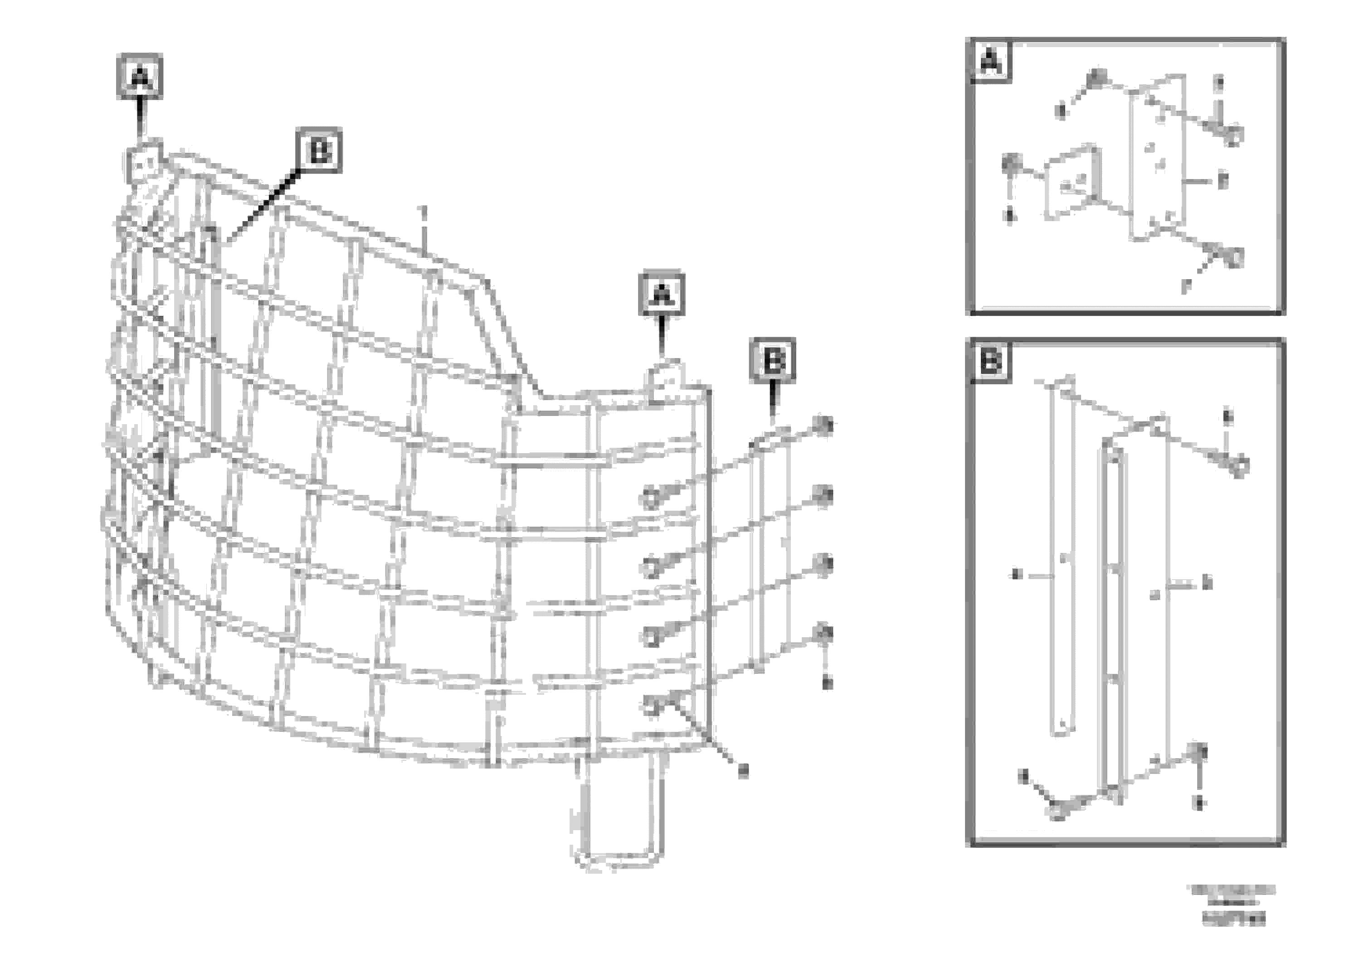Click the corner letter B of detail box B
tap(991, 360)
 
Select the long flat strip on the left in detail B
tap(1062, 558)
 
